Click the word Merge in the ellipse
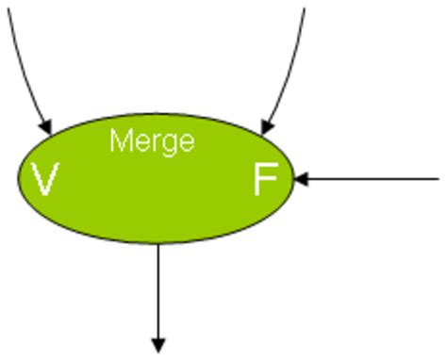(x=152, y=141)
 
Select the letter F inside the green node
(x=265, y=179)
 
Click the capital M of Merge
(x=120, y=140)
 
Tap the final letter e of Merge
(x=187, y=142)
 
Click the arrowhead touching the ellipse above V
(x=45, y=125)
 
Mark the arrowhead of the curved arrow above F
(x=268, y=124)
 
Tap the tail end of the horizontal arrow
(x=437, y=178)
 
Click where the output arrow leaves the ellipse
(x=158, y=243)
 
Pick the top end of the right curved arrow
(x=305, y=8)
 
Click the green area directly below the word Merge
(x=152, y=193)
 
